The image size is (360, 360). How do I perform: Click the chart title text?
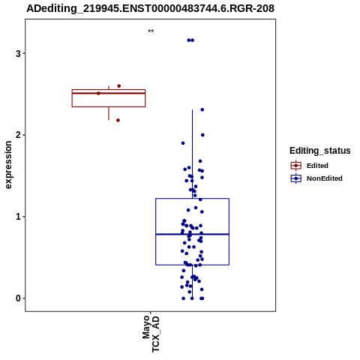click(x=151, y=8)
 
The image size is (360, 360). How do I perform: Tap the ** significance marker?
click(x=151, y=31)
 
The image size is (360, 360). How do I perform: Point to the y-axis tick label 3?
click(x=18, y=53)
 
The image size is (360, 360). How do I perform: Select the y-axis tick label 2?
click(x=18, y=135)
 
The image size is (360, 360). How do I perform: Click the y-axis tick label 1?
click(x=18, y=217)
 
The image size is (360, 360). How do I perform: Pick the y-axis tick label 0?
click(x=18, y=298)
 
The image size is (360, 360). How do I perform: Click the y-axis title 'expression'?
click(x=8, y=165)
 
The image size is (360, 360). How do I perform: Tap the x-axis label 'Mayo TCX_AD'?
click(x=151, y=334)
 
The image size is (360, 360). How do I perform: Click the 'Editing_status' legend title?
click(x=319, y=151)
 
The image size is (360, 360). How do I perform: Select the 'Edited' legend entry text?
click(x=317, y=166)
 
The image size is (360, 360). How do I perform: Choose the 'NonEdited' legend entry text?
click(x=325, y=178)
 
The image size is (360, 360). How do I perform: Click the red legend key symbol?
click(x=296, y=166)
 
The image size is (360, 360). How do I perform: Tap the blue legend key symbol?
click(x=296, y=178)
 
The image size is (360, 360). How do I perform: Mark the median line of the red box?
click(x=109, y=93)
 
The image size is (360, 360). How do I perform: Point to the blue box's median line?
click(x=192, y=234)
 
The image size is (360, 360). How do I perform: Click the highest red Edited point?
click(x=119, y=86)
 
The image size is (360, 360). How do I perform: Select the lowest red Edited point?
click(x=118, y=120)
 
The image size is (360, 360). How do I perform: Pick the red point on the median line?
click(x=98, y=93)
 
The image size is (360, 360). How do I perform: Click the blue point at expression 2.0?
click(x=202, y=135)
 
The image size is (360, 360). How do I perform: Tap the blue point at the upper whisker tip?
click(x=202, y=109)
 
